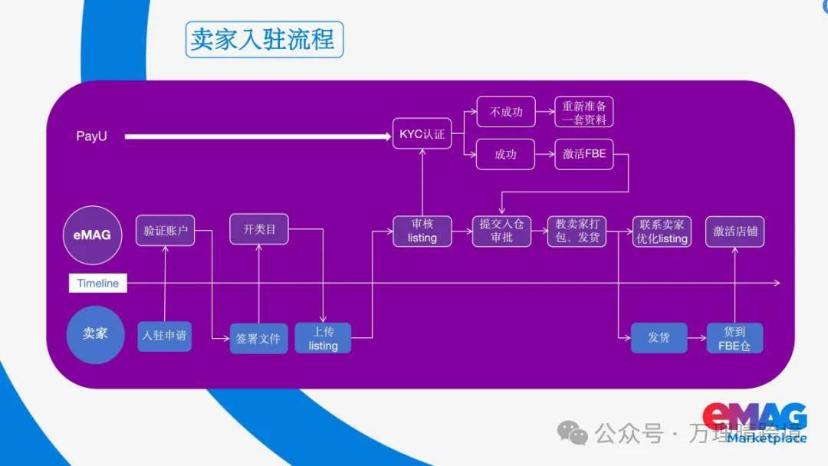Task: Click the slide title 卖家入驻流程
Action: tap(264, 40)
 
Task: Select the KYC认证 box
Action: tap(422, 134)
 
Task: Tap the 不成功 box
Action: tap(506, 112)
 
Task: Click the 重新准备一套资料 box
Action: tap(584, 112)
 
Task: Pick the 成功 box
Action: tap(506, 154)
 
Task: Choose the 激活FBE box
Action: tap(584, 154)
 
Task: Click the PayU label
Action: tap(92, 136)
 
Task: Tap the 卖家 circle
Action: tap(95, 334)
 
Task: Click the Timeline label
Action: tap(98, 283)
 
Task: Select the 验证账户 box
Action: tap(166, 231)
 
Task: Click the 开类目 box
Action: tap(259, 229)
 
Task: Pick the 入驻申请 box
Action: tap(165, 336)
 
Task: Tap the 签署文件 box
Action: tap(259, 338)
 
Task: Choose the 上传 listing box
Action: tap(323, 338)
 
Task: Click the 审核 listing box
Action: tap(422, 231)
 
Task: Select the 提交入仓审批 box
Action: tap(501, 231)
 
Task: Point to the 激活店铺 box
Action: tap(734, 231)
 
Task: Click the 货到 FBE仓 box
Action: tap(734, 338)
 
